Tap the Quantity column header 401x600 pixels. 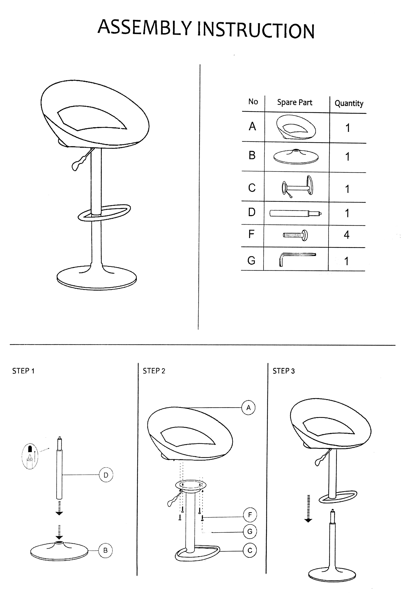point(349,103)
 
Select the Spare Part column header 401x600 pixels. point(295,102)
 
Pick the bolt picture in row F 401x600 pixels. point(295,235)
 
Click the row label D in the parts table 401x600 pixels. point(252,212)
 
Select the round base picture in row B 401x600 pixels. point(296,156)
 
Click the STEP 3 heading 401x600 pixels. point(283,371)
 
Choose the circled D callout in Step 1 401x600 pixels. point(106,475)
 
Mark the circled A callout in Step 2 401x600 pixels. point(248,408)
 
